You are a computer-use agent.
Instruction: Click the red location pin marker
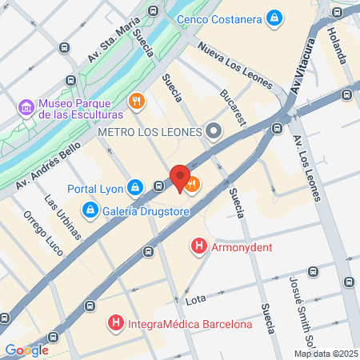180,178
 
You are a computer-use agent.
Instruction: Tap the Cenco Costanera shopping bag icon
274,16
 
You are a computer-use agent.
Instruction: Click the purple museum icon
25,106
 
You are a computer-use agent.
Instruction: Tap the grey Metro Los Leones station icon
214,130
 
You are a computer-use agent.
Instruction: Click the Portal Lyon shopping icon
135,187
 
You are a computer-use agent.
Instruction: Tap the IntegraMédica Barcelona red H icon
116,323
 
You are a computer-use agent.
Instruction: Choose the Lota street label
196,301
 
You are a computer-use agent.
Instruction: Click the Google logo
26,350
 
